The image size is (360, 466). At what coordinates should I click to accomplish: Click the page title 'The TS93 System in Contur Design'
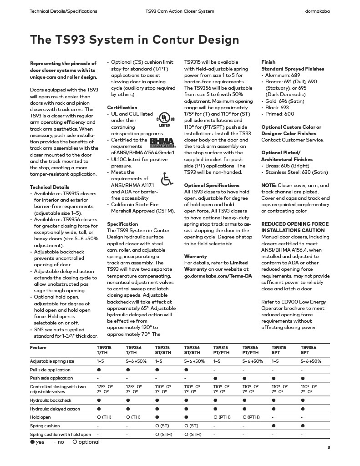point(134,40)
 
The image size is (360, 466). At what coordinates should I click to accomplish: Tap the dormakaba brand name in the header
point(317,11)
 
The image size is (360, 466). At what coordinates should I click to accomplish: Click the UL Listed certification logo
point(163,118)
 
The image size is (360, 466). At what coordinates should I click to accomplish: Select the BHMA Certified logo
point(162,142)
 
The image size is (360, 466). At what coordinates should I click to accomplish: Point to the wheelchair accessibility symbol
point(167,179)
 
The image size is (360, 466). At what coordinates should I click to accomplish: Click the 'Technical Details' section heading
point(50,187)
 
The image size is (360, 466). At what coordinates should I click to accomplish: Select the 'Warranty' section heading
point(195,256)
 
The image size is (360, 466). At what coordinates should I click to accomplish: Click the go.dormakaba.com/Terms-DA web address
point(218,276)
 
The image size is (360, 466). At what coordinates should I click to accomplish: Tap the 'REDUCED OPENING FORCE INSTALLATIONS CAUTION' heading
point(294,227)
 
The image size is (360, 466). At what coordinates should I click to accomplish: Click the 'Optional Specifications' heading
point(212,185)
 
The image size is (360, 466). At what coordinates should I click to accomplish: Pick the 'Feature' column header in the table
point(38,347)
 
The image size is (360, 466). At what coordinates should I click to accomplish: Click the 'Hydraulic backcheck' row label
point(51,400)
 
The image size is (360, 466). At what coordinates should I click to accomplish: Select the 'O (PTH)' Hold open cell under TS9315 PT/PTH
point(222,417)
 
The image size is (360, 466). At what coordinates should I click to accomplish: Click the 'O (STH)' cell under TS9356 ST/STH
point(193,434)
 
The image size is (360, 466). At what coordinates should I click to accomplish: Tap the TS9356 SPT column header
point(308,350)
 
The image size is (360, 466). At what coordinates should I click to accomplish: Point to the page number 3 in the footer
point(329,447)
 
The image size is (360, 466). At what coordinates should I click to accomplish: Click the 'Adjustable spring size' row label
point(52,361)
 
